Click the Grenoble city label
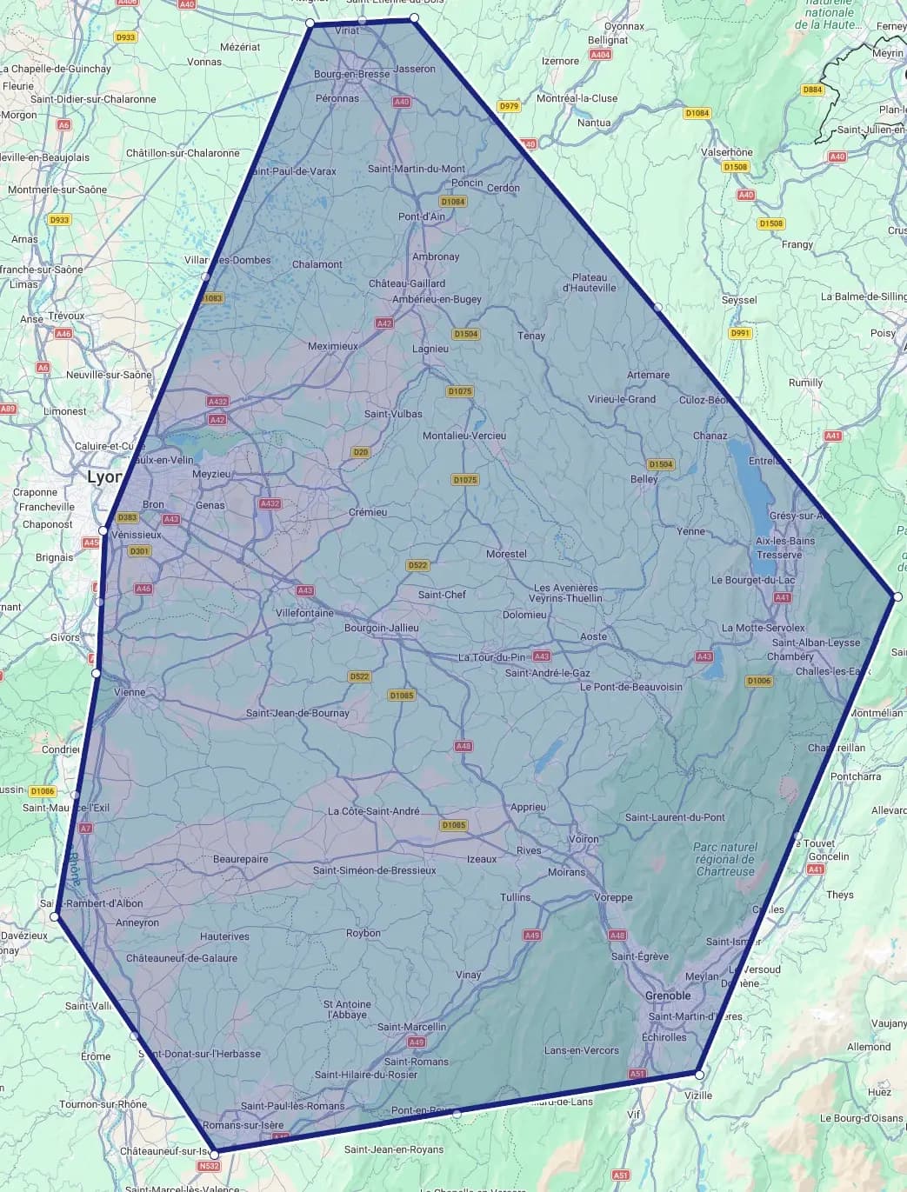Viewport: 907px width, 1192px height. (668, 996)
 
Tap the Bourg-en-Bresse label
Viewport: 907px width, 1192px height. (351, 74)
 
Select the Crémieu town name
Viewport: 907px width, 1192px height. (367, 512)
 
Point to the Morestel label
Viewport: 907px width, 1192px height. (506, 554)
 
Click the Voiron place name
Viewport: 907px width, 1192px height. (583, 839)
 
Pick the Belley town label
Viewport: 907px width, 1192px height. (644, 479)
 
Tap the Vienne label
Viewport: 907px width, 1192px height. (130, 692)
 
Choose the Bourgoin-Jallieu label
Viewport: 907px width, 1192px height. (381, 628)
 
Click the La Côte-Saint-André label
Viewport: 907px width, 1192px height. (373, 811)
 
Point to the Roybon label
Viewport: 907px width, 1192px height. (363, 933)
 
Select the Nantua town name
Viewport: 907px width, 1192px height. (594, 123)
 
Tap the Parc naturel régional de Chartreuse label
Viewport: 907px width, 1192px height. (725, 859)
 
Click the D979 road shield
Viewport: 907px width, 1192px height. (509, 106)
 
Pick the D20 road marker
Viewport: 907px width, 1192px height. (360, 452)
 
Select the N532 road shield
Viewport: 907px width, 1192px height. (209, 1166)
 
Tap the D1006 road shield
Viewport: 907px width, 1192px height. (759, 681)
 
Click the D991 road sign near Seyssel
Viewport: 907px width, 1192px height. (739, 333)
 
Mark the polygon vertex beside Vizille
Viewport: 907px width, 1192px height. (699, 1075)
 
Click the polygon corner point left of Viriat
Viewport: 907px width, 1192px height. (310, 23)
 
